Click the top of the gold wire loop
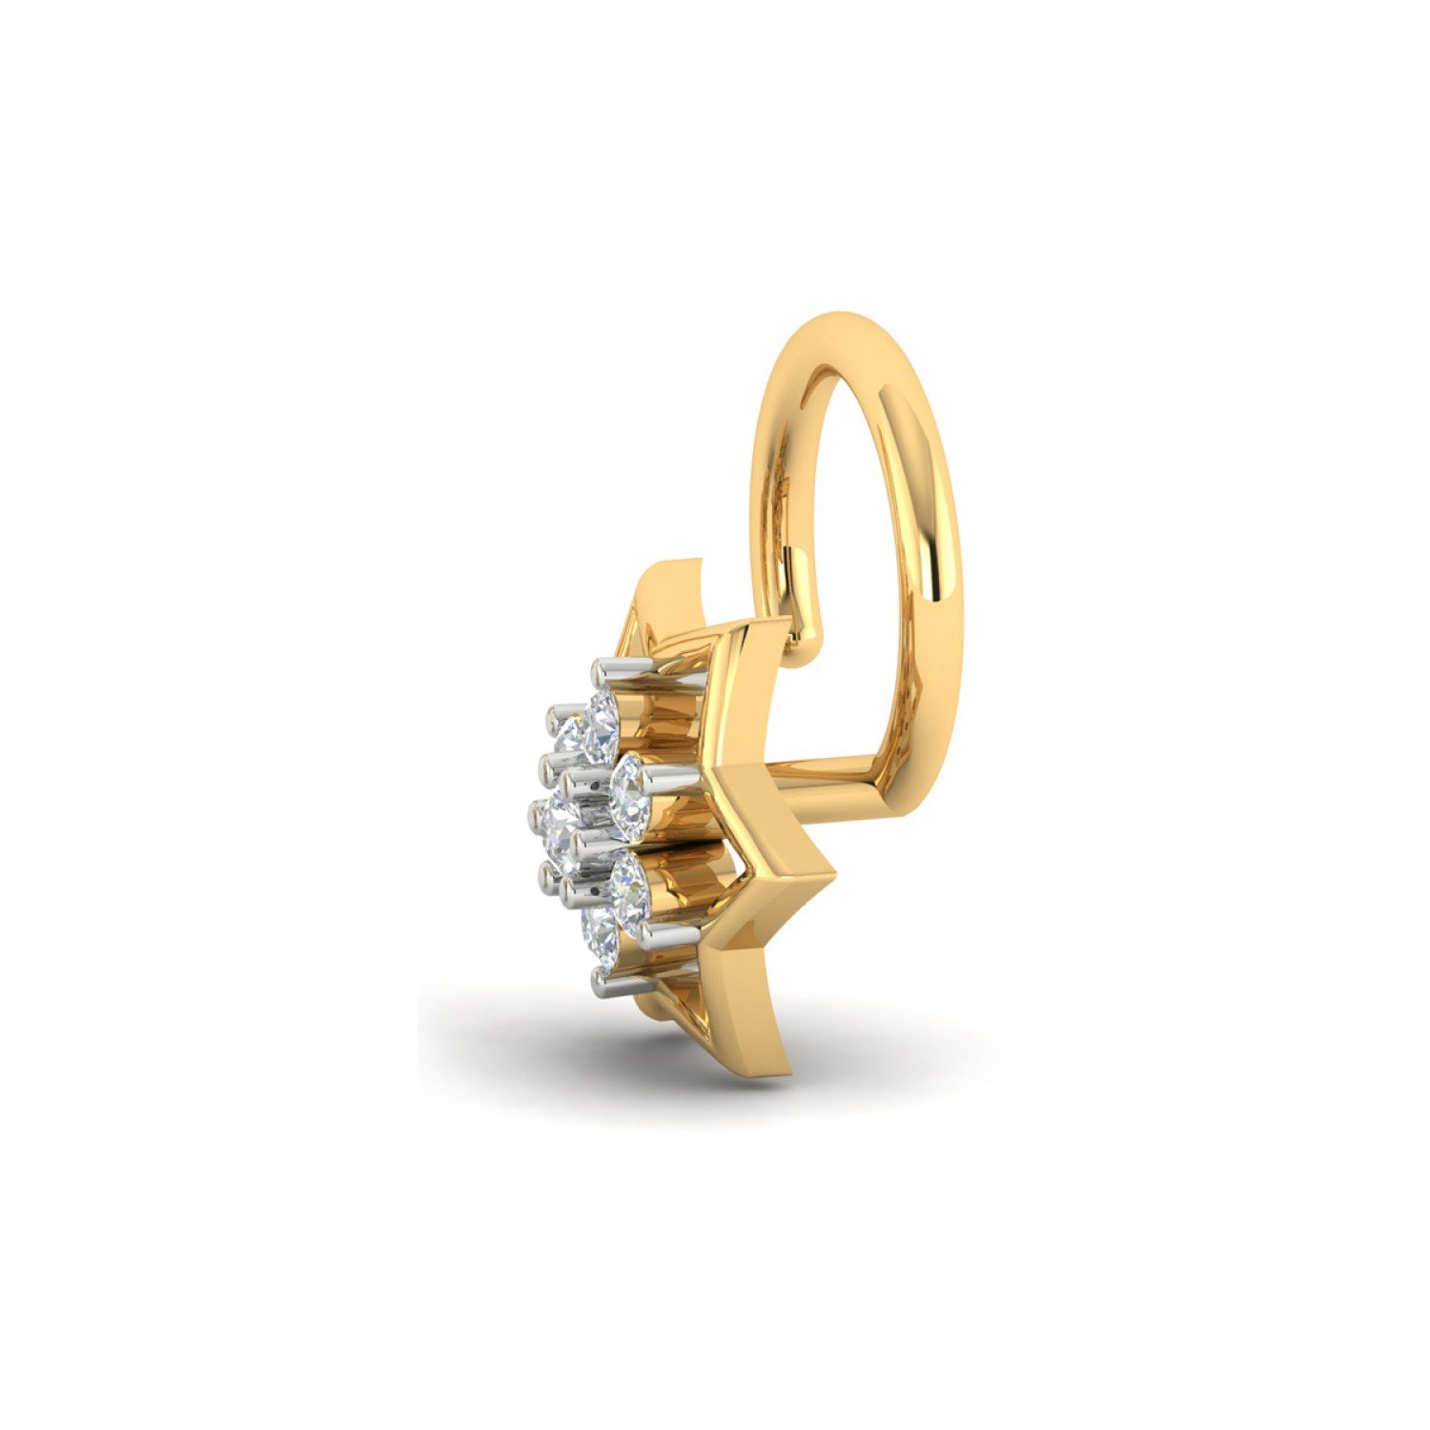coord(839,324)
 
